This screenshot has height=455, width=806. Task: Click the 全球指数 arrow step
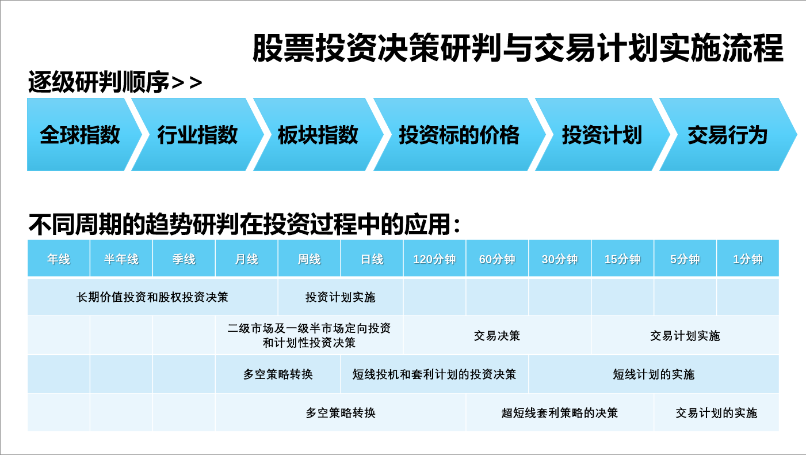tap(81, 134)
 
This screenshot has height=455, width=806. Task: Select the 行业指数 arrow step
tap(197, 134)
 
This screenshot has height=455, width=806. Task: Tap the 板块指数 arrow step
tap(318, 134)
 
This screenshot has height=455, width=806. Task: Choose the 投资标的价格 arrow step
tap(459, 134)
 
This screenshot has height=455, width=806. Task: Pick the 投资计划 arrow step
tap(602, 134)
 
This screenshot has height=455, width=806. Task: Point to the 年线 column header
tap(59, 259)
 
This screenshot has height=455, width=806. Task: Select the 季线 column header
tap(184, 259)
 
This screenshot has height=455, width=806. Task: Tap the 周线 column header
tap(309, 259)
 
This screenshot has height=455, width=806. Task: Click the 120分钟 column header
tap(434, 259)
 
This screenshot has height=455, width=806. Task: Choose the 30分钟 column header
tap(560, 259)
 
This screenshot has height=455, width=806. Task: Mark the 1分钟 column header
tap(748, 259)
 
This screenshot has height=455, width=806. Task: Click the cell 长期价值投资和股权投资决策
tap(152, 297)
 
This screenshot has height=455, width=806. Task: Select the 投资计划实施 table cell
tap(341, 297)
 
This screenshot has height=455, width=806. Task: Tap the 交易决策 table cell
tap(497, 335)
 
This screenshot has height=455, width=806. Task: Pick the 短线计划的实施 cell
tap(654, 374)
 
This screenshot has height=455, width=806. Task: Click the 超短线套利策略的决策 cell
tap(560, 412)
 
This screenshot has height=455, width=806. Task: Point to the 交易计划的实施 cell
tap(716, 412)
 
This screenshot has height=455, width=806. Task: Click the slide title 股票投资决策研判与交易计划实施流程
tap(518, 48)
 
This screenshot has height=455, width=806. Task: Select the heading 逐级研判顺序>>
tap(115, 82)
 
